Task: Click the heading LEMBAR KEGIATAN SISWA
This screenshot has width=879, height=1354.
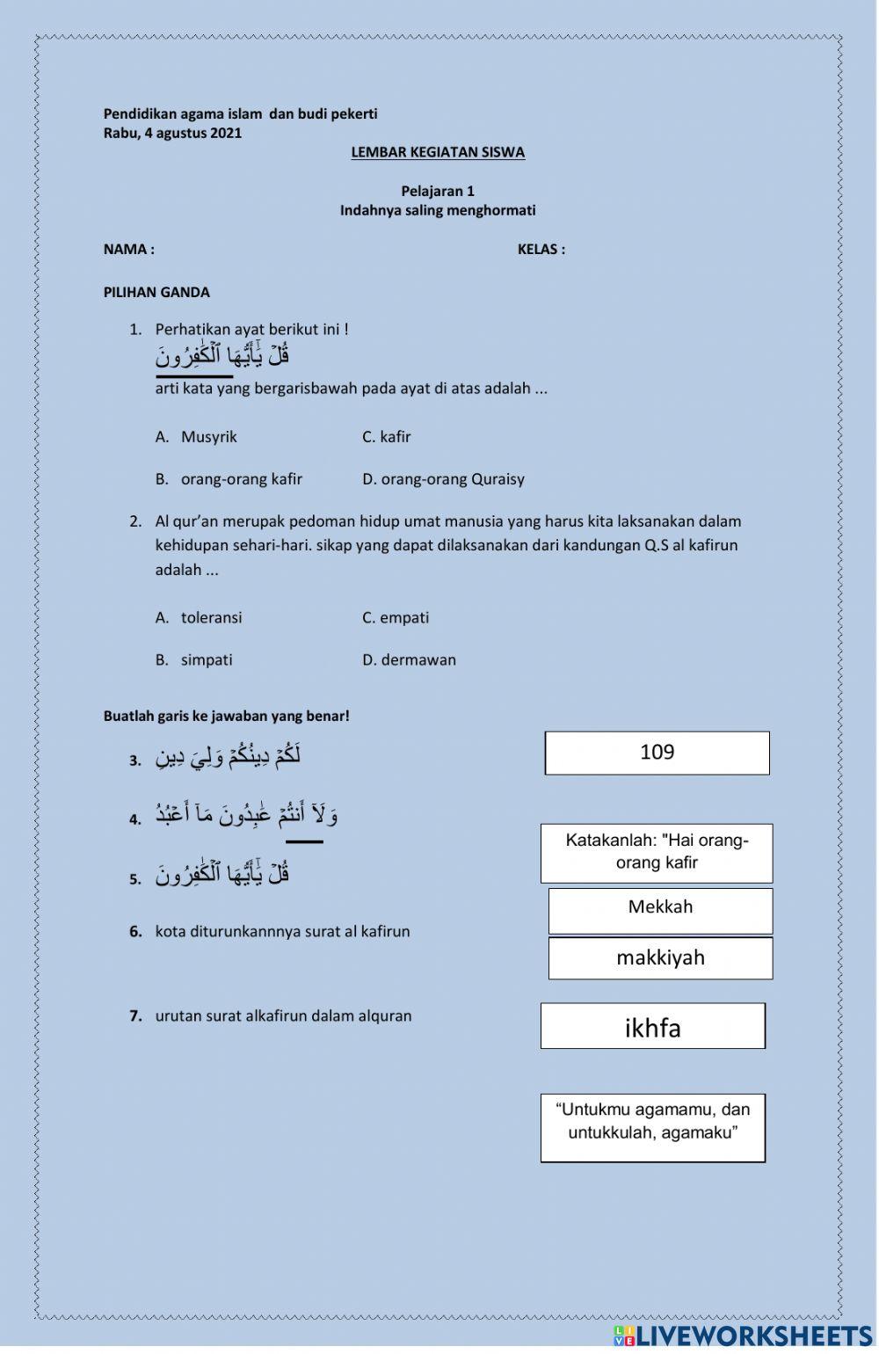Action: click(438, 152)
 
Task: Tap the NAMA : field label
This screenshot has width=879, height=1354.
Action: click(129, 250)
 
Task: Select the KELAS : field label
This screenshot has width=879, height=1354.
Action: click(541, 250)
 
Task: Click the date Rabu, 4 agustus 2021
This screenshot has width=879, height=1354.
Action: click(172, 134)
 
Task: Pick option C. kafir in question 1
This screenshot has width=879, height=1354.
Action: click(386, 437)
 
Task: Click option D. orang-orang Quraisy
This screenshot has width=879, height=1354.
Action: click(443, 479)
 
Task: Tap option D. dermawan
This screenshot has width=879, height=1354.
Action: click(409, 660)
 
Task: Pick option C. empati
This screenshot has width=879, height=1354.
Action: click(396, 618)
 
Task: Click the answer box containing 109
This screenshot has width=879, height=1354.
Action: click(657, 753)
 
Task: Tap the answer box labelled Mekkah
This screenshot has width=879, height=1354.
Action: click(660, 910)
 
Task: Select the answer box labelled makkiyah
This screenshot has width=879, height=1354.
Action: click(660, 957)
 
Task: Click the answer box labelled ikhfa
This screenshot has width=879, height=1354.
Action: click(652, 1026)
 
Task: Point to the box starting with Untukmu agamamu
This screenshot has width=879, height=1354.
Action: click(652, 1127)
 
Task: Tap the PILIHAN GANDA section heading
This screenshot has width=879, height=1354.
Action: click(156, 293)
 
